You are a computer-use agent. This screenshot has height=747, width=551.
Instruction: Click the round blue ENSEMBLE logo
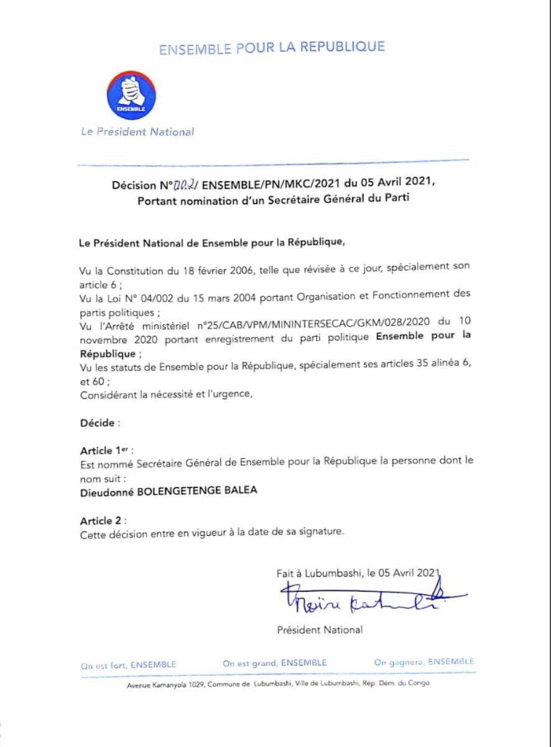(x=131, y=96)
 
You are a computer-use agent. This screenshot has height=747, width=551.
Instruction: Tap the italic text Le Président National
(x=137, y=131)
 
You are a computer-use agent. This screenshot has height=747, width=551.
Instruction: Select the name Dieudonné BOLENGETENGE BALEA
(x=168, y=491)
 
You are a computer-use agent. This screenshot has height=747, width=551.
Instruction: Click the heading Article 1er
(x=106, y=450)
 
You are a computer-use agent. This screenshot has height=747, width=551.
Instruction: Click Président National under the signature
(x=320, y=630)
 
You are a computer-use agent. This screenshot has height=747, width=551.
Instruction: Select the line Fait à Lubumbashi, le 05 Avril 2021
(x=358, y=573)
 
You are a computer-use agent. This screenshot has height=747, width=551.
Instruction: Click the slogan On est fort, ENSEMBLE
(x=128, y=665)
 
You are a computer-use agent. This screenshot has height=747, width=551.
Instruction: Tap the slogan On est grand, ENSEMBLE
(x=274, y=663)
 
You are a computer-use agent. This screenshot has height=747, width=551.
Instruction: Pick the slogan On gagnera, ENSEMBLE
(x=424, y=662)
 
